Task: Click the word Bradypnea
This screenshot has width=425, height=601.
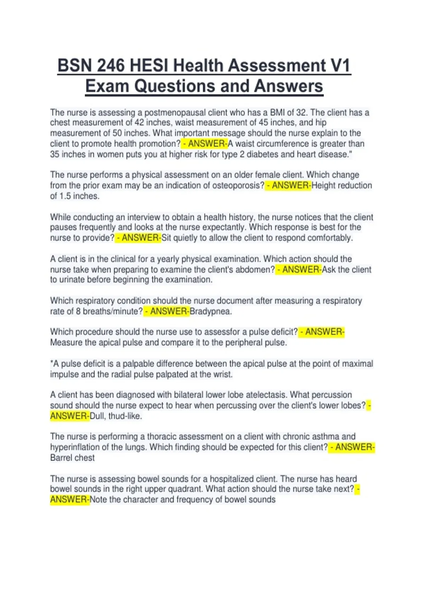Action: tap(211, 311)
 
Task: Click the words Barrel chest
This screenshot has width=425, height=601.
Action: tap(72, 458)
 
